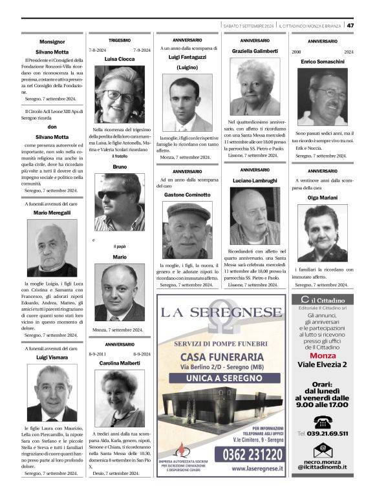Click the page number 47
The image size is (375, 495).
tap(350, 25)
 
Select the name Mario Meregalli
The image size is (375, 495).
tap(52, 213)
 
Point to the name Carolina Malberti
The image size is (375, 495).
tap(120, 364)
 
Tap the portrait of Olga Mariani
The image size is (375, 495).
tap(323, 233)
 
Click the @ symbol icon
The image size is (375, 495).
tap(322, 450)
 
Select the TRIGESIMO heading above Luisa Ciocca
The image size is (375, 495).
tap(120, 40)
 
